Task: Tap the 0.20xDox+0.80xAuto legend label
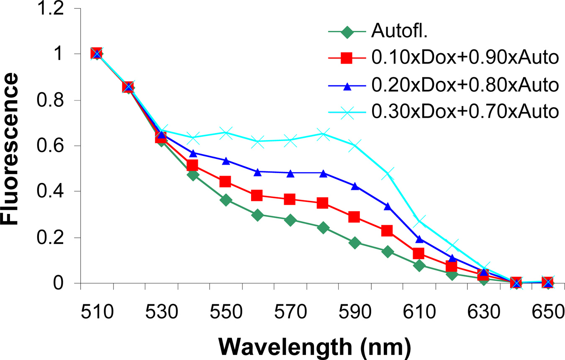click(465, 85)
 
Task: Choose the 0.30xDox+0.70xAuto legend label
click(465, 111)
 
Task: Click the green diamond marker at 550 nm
click(226, 200)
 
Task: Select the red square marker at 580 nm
click(323, 203)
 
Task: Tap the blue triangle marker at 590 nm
click(355, 186)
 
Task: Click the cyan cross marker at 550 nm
click(226, 133)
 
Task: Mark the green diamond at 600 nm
click(388, 252)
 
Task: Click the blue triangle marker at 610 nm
click(420, 239)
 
